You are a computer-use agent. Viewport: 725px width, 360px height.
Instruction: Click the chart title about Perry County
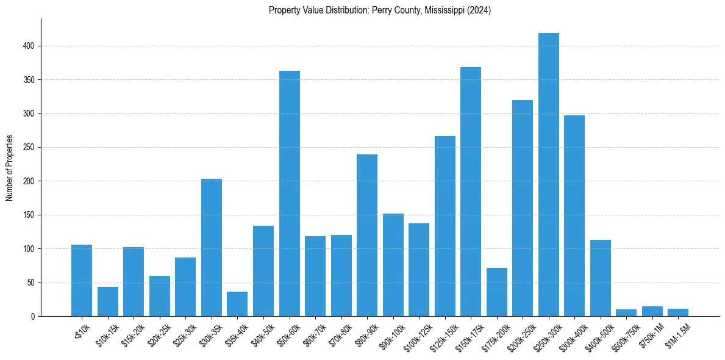379,10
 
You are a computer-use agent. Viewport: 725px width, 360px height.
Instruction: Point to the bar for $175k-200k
496,292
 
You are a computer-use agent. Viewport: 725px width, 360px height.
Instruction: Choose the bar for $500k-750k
626,313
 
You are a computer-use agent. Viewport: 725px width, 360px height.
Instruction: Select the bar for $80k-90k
366,235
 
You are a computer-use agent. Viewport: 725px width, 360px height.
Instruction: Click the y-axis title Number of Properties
10,168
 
